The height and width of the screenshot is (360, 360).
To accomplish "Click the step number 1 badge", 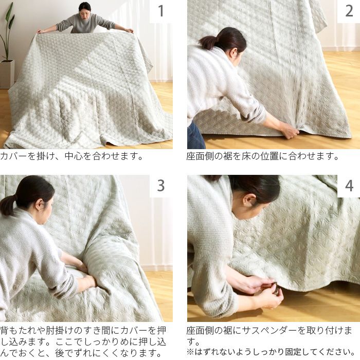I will click(160, 11).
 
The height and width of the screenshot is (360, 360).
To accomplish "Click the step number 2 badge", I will click(348, 11).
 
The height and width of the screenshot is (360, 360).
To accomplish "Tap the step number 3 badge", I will click(160, 186).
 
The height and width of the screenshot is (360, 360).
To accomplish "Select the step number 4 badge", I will click(348, 186).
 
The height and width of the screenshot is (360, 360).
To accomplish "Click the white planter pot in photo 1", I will click(7, 73).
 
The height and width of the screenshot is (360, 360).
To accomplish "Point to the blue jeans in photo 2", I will click(195, 137).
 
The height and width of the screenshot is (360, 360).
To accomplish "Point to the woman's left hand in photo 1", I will click(126, 30).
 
